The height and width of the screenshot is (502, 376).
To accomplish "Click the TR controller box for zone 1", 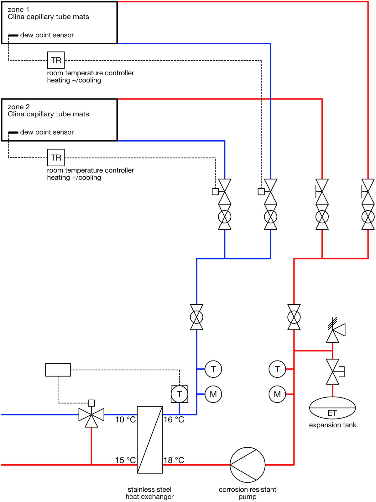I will click(x=56, y=60).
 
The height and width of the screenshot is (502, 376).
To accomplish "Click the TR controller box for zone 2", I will click(x=56, y=158).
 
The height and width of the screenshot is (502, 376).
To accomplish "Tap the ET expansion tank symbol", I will click(x=332, y=408).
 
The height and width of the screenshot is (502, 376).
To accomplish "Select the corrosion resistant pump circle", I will click(x=248, y=465).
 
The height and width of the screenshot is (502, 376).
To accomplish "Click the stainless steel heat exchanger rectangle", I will click(x=150, y=440).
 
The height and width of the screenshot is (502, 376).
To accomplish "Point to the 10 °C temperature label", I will click(x=125, y=420).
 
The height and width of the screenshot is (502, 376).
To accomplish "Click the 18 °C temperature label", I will click(x=174, y=460).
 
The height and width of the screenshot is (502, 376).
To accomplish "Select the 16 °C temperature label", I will click(x=174, y=420).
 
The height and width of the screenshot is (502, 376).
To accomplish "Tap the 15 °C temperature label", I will click(x=125, y=460).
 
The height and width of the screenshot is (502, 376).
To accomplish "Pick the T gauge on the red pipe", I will click(x=277, y=369).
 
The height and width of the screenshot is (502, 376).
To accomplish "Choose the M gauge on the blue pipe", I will click(x=213, y=394).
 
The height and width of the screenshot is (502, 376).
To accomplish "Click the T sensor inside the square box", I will click(x=180, y=394).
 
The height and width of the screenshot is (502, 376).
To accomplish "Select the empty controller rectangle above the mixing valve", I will click(x=58, y=370).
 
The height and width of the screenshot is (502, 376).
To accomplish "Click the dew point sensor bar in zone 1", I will click(x=13, y=35).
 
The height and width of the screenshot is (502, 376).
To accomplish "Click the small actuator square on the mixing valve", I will click(x=91, y=403).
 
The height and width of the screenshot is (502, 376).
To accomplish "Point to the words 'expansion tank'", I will click(x=332, y=425).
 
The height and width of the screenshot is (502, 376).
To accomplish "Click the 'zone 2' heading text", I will click(x=19, y=107).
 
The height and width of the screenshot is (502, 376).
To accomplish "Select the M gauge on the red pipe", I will click(x=277, y=394).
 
